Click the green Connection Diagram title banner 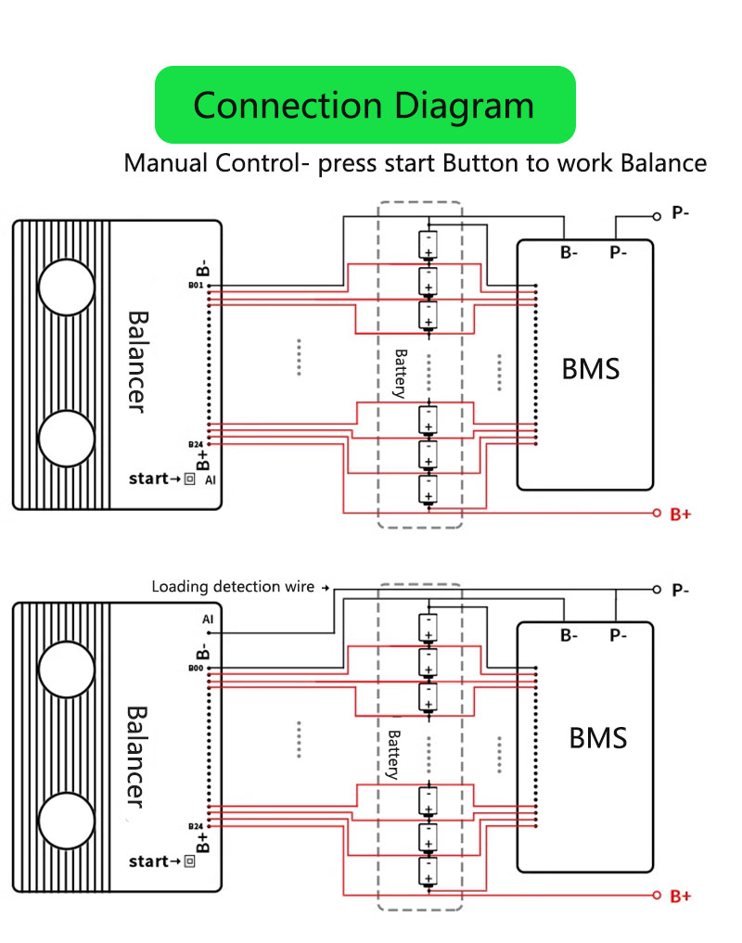point(365,104)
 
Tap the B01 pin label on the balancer point(195,286)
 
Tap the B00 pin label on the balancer point(195,668)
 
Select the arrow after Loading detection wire point(325,588)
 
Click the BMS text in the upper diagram point(591,369)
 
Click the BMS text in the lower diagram point(598,738)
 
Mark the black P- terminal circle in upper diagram point(657,215)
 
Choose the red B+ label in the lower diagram point(681,897)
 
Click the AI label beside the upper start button point(211,480)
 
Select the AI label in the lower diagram point(207,619)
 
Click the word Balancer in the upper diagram point(137,361)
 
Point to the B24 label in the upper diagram point(195,444)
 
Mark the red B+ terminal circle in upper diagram point(657,513)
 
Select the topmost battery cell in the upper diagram point(429,245)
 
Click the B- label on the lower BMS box point(569,636)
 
